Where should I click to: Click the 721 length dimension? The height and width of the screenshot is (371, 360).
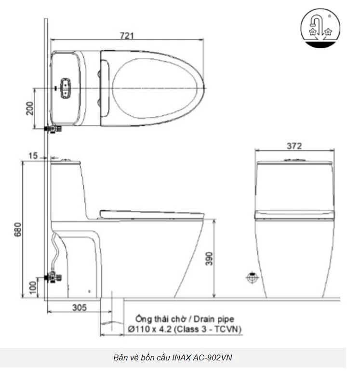coord(127,35)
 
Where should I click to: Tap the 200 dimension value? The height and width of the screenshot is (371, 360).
coord(29,108)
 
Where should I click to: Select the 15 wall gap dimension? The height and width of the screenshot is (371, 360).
coord(32,155)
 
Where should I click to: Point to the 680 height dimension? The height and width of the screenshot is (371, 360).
coord(18,229)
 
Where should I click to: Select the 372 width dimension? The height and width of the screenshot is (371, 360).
coord(293,146)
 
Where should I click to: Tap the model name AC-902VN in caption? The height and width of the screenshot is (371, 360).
coord(216,358)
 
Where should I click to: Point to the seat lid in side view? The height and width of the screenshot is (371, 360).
coord(151,213)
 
